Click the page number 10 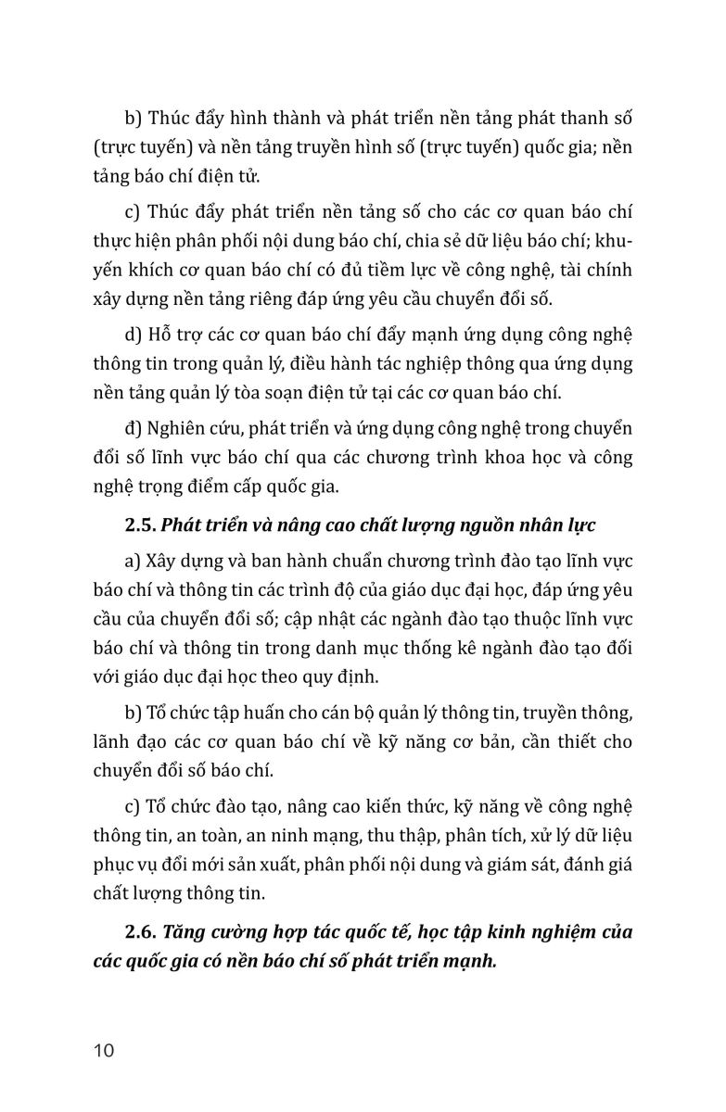[x=103, y=1051]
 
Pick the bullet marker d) [x=134, y=334]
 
